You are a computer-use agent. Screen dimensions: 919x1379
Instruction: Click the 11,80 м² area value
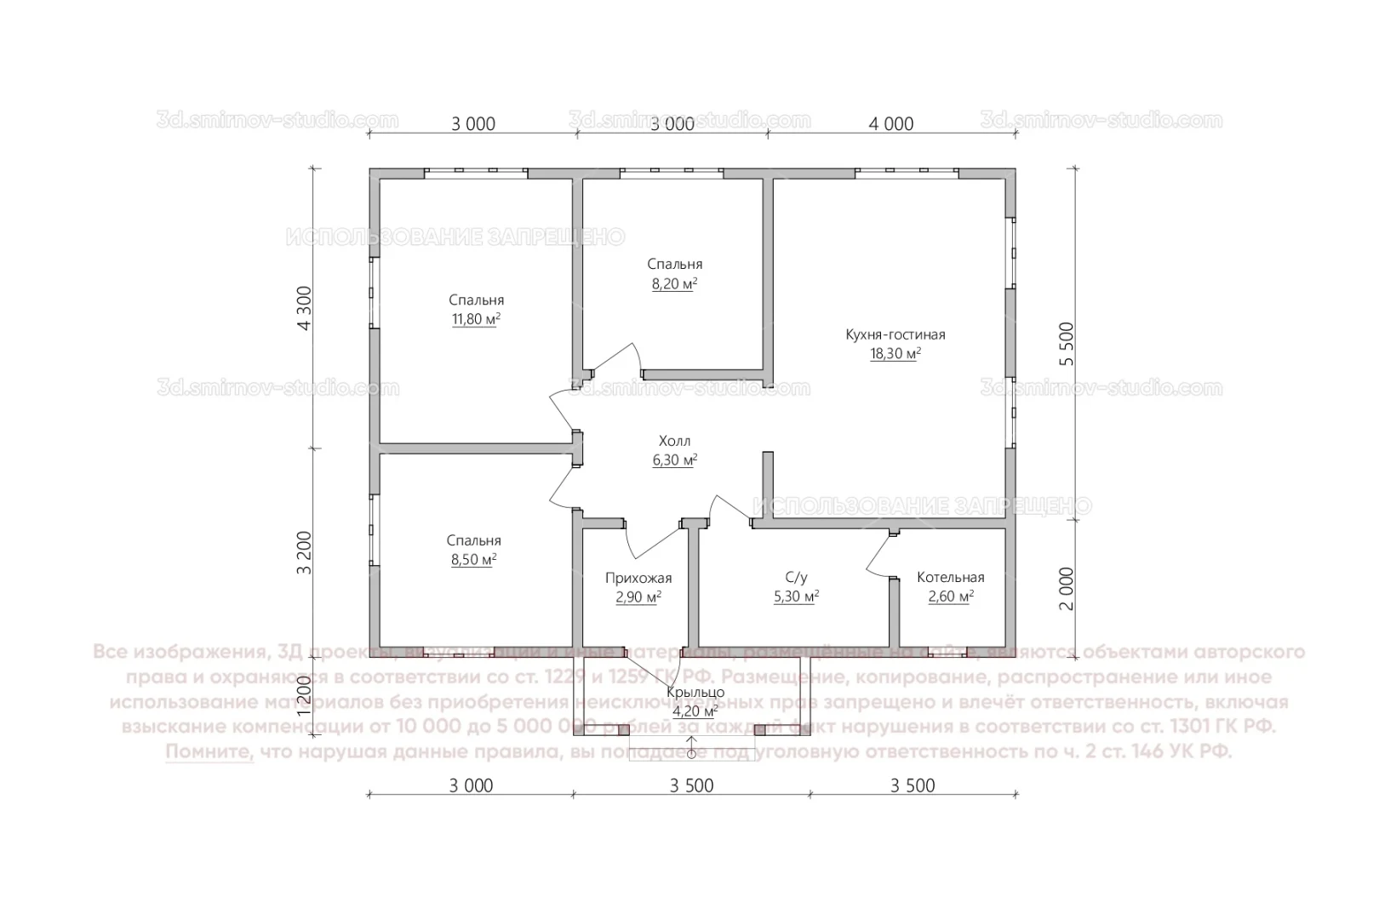[x=476, y=319]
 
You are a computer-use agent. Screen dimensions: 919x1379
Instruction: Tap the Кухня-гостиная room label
[x=895, y=334]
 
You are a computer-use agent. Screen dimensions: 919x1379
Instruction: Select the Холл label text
[x=674, y=441]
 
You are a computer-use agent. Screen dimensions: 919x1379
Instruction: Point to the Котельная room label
[x=950, y=577]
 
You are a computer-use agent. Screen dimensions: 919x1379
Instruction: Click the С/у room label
[x=796, y=577]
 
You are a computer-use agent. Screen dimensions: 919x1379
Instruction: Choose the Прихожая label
[x=638, y=579]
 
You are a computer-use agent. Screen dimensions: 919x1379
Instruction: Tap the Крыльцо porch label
[x=695, y=692]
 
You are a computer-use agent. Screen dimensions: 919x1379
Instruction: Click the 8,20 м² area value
[x=674, y=283]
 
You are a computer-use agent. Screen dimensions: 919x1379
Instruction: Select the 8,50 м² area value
[x=473, y=560]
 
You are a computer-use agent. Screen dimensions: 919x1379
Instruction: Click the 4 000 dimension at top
[x=891, y=124]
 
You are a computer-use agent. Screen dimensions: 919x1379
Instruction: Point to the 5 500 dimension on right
[x=1067, y=343]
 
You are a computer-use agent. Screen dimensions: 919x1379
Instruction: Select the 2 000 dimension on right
[x=1067, y=588]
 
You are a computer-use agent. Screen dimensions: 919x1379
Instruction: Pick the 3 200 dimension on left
[x=305, y=553]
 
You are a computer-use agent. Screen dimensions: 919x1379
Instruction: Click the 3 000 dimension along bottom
[x=471, y=785]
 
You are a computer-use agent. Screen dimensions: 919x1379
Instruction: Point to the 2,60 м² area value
[x=950, y=596]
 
